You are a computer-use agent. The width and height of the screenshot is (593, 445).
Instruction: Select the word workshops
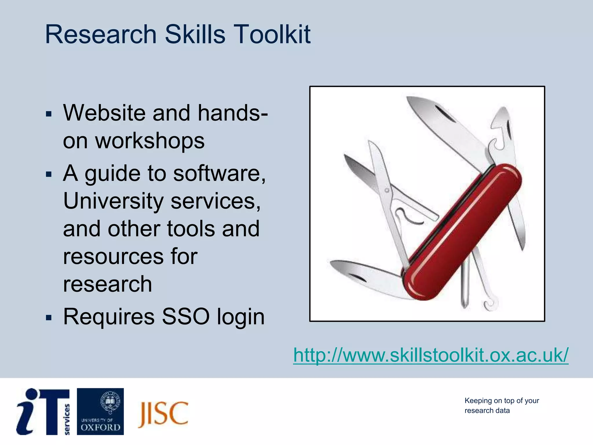click(150, 141)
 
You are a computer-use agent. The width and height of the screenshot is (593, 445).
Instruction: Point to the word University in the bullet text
click(113, 201)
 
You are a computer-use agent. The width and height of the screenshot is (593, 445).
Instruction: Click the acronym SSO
click(185, 316)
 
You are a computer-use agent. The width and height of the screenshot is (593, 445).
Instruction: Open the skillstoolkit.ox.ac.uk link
click(431, 355)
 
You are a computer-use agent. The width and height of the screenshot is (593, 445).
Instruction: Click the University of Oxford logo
click(100, 411)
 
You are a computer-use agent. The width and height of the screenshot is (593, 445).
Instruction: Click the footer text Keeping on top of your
click(502, 401)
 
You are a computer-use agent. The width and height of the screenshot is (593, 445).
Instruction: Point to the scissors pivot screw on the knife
click(387, 190)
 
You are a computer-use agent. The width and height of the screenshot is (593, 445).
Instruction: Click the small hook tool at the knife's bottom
click(490, 304)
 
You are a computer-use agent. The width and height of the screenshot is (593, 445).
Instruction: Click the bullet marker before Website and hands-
click(49, 114)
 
